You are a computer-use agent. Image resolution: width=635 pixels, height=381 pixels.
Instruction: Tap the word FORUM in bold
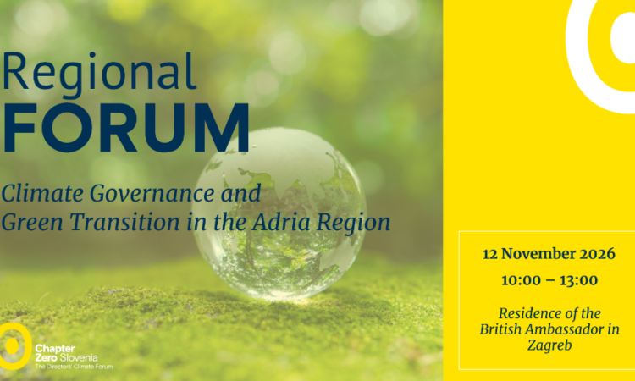point(125,128)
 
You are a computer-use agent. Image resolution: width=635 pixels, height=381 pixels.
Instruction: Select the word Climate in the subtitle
point(42,193)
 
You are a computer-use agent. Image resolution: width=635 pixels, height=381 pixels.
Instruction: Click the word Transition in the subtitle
point(124,222)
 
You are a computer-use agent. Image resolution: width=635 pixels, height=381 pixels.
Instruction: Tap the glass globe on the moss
point(279,213)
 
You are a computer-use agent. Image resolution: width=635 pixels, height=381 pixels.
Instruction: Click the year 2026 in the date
point(597,254)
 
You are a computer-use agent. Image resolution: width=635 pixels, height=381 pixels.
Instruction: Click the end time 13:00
point(579,280)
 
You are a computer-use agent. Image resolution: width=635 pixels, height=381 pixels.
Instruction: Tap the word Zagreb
point(549,345)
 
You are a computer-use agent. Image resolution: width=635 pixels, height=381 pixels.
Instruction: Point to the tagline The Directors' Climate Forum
point(74,367)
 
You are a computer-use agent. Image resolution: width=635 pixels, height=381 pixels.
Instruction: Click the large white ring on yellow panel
point(577,65)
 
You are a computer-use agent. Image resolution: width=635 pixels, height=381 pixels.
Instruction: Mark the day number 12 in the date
point(489,254)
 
